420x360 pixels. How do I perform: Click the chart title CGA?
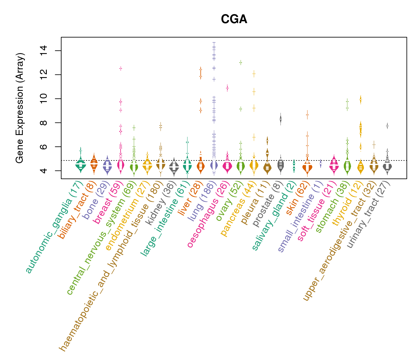[234, 19]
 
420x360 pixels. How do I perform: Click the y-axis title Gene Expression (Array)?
[20, 108]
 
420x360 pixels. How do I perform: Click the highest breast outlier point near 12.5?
[121, 68]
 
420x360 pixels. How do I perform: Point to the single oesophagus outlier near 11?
[227, 88]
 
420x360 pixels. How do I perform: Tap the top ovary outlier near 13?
[241, 62]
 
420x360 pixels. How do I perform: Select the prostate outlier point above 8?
[280, 119]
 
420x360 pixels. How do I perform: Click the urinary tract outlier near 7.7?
[387, 126]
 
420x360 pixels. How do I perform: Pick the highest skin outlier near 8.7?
[307, 115]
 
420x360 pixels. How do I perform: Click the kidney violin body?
[174, 167]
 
